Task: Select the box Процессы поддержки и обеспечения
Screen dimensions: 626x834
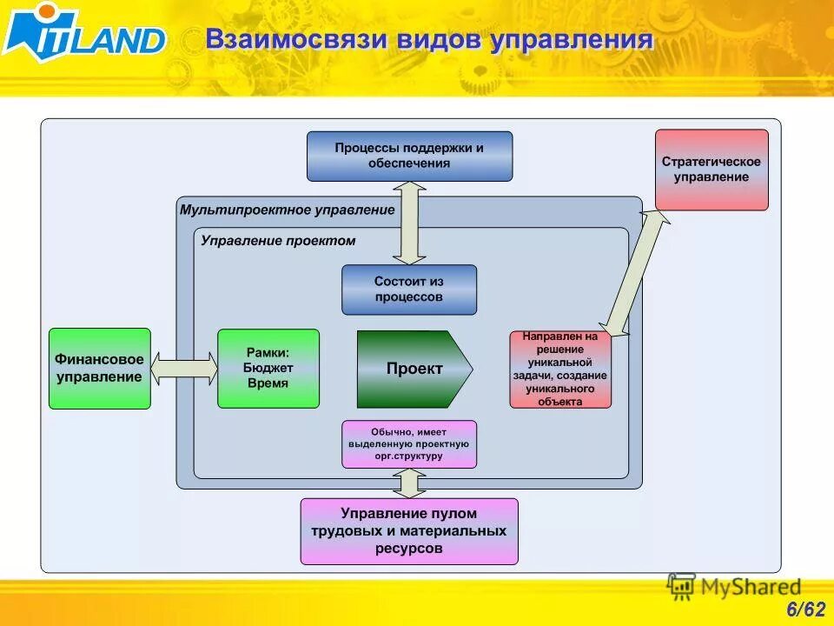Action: tap(409, 156)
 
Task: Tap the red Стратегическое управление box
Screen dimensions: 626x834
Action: tap(712, 170)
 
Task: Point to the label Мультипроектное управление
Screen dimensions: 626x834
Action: tap(287, 210)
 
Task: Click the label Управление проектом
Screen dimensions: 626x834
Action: tap(278, 241)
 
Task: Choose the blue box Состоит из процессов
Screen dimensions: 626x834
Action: tap(409, 290)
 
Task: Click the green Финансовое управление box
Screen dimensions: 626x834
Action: tap(100, 369)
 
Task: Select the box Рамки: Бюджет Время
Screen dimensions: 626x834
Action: tap(268, 369)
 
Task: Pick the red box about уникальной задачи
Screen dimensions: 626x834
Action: tap(560, 369)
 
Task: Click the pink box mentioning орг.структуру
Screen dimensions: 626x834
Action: tap(409, 443)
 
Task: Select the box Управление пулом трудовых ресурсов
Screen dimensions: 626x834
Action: tap(409, 530)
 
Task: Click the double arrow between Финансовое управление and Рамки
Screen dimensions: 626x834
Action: tap(184, 369)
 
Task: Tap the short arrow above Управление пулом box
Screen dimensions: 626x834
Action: tap(409, 483)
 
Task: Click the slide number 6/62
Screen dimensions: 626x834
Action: tap(805, 609)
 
